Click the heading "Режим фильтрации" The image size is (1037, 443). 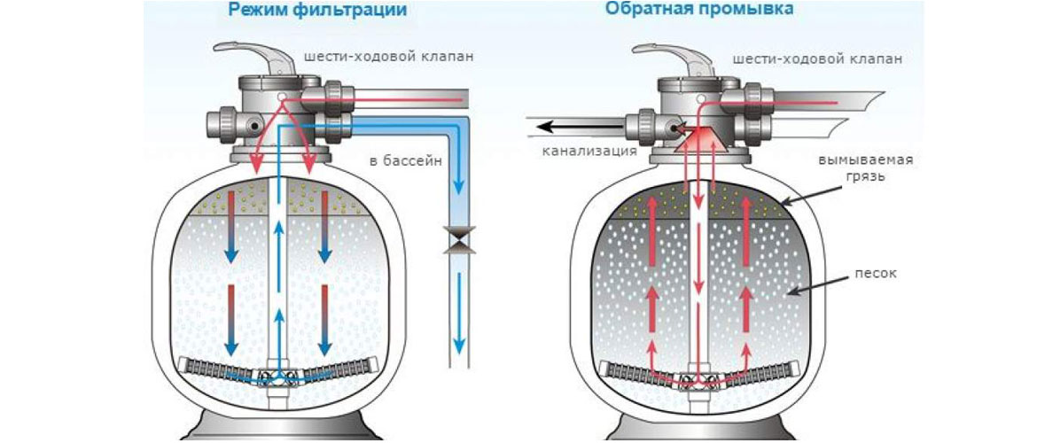pyautogui.click(x=317, y=11)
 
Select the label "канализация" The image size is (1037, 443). pyautogui.click(x=590, y=151)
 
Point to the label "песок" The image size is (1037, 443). pyautogui.click(x=877, y=273)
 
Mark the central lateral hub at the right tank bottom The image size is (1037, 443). pyautogui.click(x=699, y=377)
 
